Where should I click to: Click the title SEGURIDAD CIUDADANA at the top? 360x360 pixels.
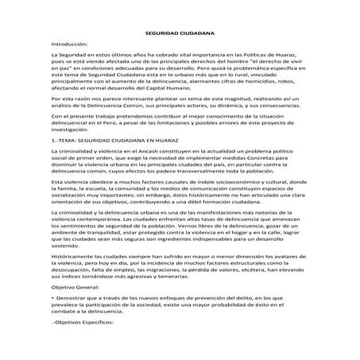click(x=180, y=36)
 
